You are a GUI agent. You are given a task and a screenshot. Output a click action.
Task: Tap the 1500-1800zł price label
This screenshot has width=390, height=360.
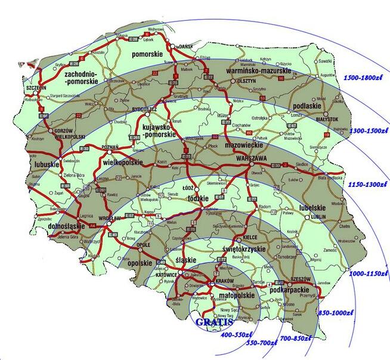[365, 78]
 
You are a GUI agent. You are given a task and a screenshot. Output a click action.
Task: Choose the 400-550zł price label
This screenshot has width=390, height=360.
[237, 336]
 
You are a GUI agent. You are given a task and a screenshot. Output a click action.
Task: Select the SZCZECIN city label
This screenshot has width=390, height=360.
[20, 87]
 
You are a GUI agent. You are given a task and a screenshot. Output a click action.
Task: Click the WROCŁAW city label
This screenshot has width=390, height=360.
[110, 219]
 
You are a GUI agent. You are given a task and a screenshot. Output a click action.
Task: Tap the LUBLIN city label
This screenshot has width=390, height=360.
[319, 218]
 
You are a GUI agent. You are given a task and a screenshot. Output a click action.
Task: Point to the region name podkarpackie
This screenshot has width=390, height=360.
[283, 290]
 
